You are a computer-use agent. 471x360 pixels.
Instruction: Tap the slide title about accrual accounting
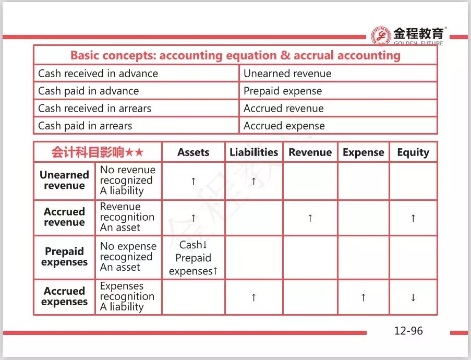235,55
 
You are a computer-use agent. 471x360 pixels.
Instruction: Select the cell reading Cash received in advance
98,74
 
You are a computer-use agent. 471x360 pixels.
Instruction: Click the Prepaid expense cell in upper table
283,91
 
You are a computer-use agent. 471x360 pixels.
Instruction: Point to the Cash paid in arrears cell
85,126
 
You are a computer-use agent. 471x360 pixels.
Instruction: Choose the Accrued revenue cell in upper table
284,109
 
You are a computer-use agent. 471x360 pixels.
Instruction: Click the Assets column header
193,152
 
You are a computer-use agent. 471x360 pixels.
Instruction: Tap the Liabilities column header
253,152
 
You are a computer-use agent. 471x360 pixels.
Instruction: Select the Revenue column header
310,152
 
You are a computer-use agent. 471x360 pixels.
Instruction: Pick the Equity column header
413,152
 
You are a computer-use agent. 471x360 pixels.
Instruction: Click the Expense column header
363,152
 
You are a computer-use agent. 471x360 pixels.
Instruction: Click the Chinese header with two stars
97,152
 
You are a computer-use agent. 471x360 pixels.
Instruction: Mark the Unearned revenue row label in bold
64,181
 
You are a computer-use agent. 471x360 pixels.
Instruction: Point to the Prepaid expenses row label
64,257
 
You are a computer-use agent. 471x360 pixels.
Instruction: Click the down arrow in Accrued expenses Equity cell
413,298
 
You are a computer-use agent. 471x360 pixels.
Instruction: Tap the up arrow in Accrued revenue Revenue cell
310,218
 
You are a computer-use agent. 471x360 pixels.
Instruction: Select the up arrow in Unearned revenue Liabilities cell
253,181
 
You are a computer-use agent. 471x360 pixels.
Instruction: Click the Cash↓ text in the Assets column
194,245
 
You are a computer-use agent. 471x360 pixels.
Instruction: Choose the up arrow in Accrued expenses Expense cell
363,298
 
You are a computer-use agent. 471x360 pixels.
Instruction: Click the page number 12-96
408,331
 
